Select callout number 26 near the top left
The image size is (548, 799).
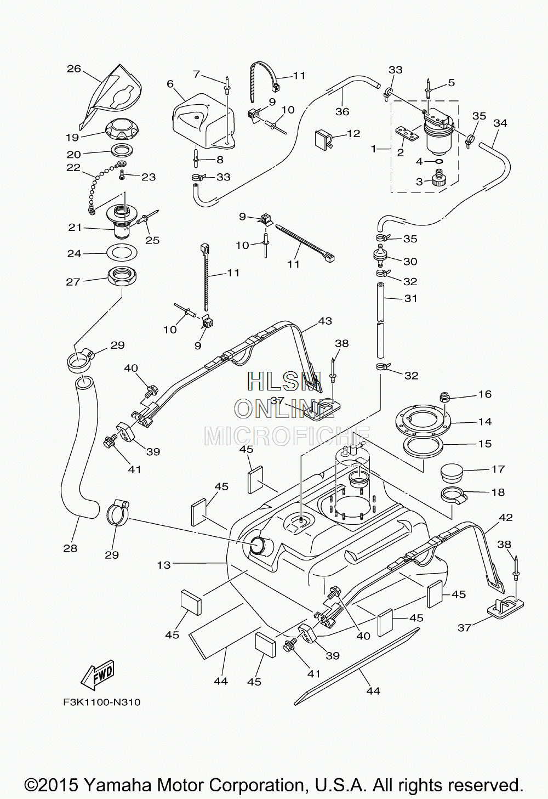[74, 69]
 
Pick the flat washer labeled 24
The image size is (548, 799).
[122, 253]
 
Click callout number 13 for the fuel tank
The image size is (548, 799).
[164, 565]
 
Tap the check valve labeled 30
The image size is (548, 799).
[380, 256]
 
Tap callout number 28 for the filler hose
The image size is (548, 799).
[70, 548]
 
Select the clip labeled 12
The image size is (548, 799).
[324, 138]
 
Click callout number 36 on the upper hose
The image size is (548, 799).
[342, 111]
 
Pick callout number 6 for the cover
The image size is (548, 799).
[170, 84]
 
